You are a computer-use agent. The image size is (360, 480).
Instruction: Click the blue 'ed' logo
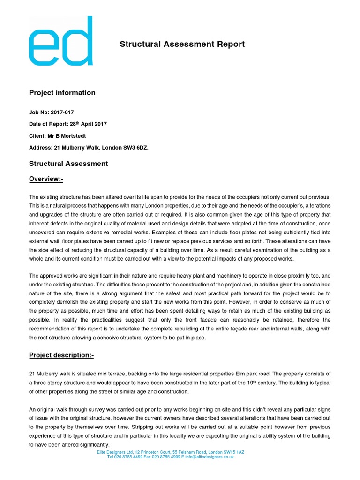[x=60, y=41]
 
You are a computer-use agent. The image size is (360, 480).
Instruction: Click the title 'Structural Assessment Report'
[x=182, y=45]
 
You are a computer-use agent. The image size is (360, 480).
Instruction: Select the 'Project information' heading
[x=62, y=93]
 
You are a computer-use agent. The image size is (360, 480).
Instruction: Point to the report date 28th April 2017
[x=89, y=124]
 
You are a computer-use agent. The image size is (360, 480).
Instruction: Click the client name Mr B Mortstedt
[x=69, y=136]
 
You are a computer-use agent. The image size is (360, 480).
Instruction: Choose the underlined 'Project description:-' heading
[x=61, y=355]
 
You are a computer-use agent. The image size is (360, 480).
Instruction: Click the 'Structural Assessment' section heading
[x=68, y=164]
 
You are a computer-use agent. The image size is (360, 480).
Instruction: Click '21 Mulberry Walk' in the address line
[x=77, y=148]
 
